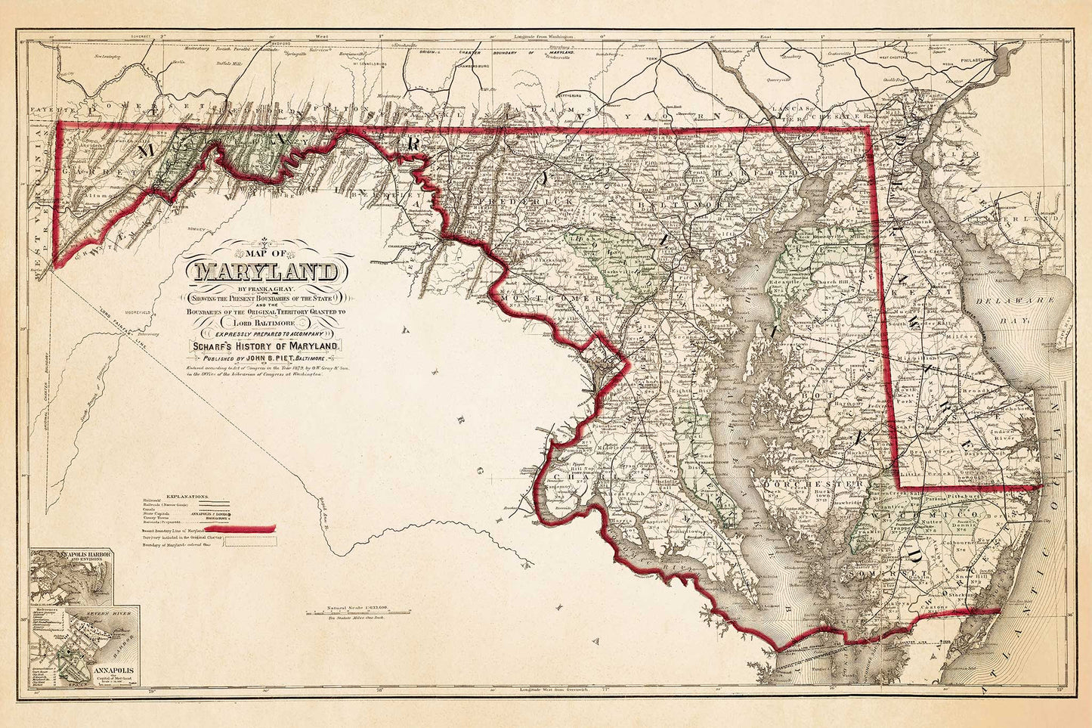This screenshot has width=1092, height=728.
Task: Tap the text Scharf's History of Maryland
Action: [267, 345]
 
